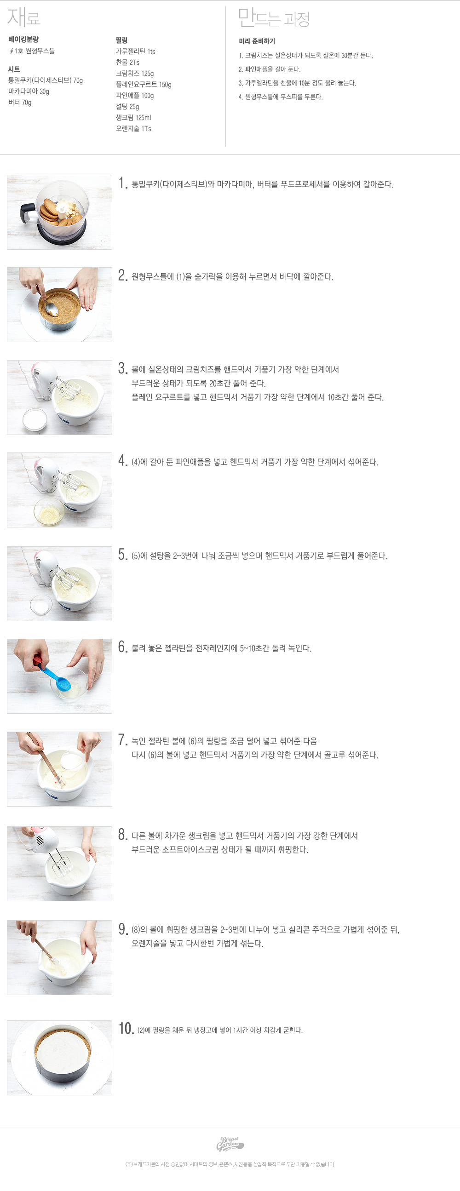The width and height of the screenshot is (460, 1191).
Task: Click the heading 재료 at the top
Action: pos(24,17)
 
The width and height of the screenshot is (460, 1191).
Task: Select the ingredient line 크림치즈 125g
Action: pos(134,74)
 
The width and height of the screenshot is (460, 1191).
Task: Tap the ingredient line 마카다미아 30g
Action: pos(29,92)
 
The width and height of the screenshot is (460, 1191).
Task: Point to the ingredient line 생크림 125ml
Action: pos(133,118)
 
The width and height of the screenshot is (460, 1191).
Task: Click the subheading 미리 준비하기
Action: pos(257,41)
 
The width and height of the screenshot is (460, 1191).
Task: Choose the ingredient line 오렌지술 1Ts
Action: pos(133,129)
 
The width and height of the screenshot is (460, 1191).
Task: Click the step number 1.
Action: pos(122,183)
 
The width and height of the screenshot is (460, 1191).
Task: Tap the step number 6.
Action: pos(122,647)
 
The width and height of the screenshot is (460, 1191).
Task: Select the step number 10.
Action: pos(126,1029)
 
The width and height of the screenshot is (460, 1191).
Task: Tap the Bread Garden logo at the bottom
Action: pos(230,1144)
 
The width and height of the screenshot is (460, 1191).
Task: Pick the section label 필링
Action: pos(121,40)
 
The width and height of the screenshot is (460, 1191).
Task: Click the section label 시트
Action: pos(14,69)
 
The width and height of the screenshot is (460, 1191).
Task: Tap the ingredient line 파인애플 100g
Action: pos(134,96)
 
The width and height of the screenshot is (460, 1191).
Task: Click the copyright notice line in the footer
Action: pos(230,1165)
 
